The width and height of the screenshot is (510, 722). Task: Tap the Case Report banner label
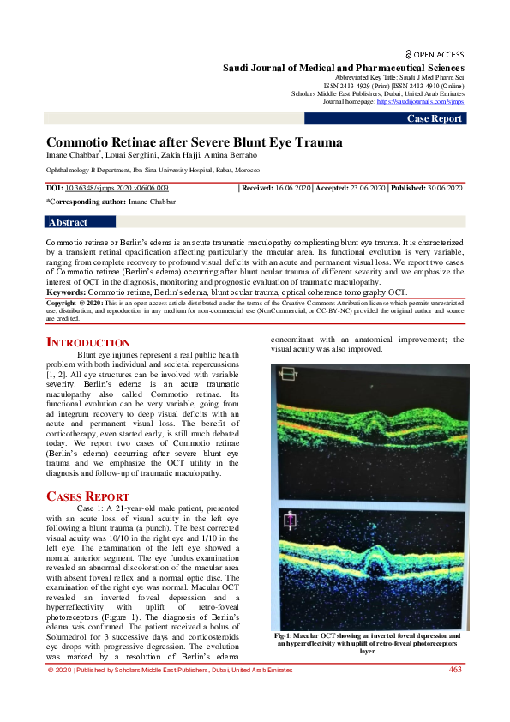(x=435, y=118)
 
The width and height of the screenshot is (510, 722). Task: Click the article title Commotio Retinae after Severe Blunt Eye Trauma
(x=194, y=142)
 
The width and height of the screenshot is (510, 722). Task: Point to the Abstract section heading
(x=69, y=222)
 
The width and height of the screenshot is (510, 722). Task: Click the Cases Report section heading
(x=87, y=496)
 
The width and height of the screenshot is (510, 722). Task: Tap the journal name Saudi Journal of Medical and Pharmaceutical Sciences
(x=344, y=68)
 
